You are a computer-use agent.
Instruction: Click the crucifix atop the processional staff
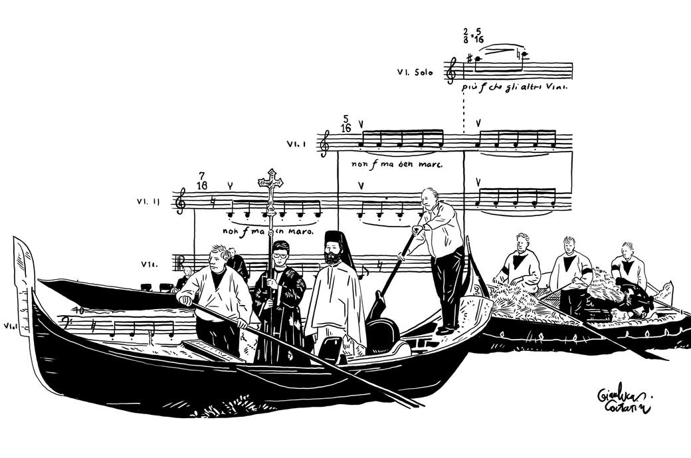(270, 181)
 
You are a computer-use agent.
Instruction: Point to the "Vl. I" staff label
(296, 143)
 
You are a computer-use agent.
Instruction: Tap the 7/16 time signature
(201, 179)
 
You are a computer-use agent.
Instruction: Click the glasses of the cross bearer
(280, 254)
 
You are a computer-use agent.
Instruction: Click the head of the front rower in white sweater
(219, 257)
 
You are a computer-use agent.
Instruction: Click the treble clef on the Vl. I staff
(324, 143)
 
